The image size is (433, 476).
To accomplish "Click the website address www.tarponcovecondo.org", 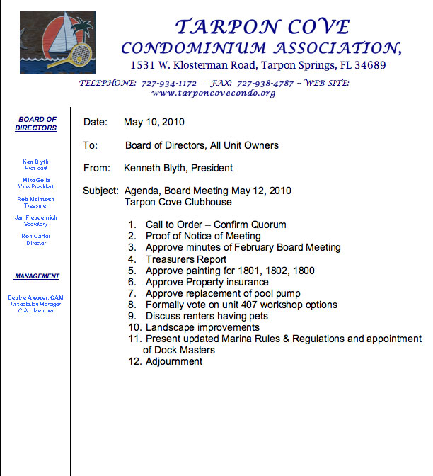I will pos(213,93).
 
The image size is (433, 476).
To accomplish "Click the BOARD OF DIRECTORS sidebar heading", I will pos(36,124).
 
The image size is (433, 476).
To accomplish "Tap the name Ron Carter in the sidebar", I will pos(36,236).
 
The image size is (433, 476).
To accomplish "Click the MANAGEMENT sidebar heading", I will pos(36,276).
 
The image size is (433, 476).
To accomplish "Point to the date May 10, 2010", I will pos(154,122).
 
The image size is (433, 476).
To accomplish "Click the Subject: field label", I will pos(100,191).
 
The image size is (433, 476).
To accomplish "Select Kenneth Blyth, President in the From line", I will pos(178,168).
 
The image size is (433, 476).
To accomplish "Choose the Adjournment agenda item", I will pos(174,361).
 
